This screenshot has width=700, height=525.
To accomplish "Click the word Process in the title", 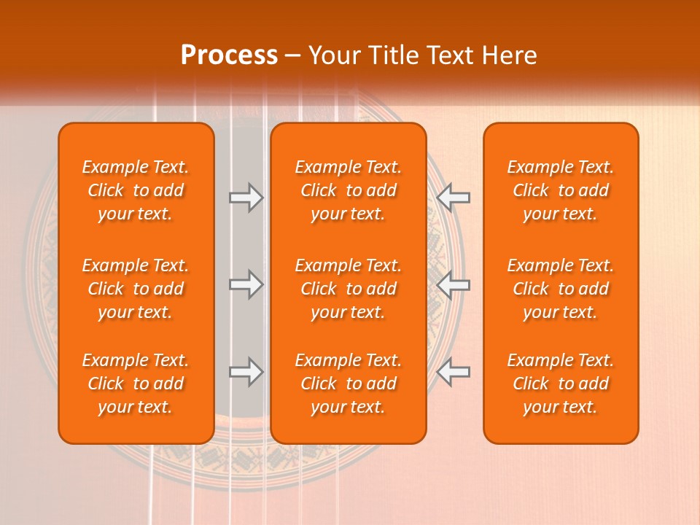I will [x=229, y=55].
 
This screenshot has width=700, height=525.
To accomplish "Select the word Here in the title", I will [x=510, y=55].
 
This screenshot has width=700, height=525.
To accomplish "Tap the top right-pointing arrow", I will [x=246, y=198].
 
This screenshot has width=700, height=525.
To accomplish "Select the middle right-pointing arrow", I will [x=246, y=284].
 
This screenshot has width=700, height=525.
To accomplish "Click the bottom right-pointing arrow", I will [x=246, y=372].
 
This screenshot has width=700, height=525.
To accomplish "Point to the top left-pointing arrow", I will [x=454, y=198].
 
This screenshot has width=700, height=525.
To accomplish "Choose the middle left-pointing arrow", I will [x=454, y=284].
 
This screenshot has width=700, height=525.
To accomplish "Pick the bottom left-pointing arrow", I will [x=454, y=372].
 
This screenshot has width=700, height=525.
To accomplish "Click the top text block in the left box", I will [x=136, y=190].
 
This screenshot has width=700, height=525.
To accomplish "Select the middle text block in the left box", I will [x=136, y=289].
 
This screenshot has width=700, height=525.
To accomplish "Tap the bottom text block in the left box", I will [x=136, y=384].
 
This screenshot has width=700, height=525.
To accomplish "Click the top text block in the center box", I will [x=349, y=190].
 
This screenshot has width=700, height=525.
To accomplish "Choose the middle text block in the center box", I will [x=349, y=289].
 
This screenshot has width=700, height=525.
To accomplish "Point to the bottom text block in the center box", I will [x=349, y=384].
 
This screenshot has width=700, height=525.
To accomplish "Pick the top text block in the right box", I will [x=561, y=190].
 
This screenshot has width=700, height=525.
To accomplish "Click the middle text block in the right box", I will [x=561, y=289].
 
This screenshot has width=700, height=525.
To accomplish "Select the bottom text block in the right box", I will [x=561, y=384].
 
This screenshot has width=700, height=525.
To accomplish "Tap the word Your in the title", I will [x=333, y=55].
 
